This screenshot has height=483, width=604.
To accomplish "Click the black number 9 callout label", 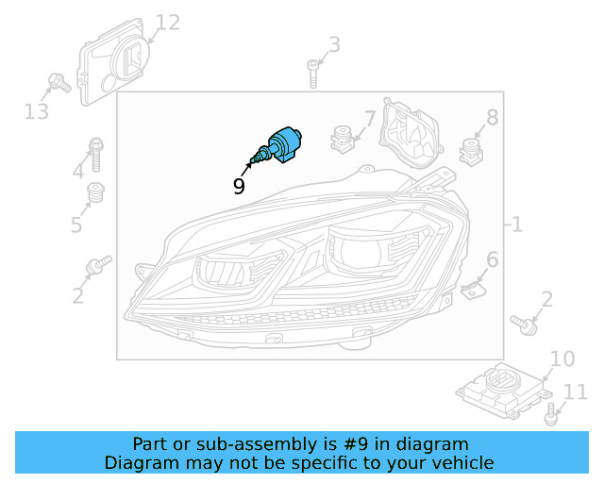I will point(239,186).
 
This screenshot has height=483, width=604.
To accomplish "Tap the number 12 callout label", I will point(167,23).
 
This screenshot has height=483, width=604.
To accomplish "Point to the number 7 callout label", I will point(369,119).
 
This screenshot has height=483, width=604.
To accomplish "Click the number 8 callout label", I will point(492,118).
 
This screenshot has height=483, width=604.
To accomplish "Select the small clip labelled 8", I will point(469,150).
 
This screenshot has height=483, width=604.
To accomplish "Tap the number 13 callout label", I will point(36,112).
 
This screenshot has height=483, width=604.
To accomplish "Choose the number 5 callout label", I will point(76,225).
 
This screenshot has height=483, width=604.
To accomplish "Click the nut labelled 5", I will point(94,194).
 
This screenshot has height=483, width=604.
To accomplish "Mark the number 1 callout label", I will point(516,225).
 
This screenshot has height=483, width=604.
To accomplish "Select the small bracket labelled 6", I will point(473,289).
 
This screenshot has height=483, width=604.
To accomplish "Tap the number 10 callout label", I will point(562,358).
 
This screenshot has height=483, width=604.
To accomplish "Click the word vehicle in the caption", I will point(461,462).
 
